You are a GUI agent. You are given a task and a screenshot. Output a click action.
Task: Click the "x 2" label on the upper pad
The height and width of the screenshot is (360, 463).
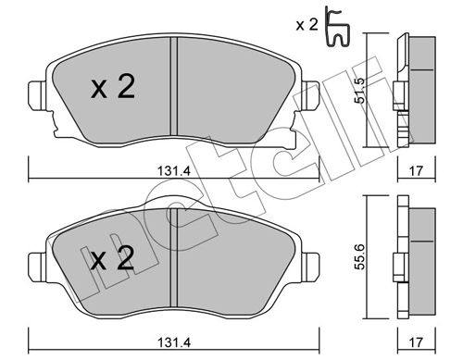pyautogui.click(x=113, y=88)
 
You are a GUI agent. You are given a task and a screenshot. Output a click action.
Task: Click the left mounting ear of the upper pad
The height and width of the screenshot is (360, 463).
pyautogui.click(x=38, y=94)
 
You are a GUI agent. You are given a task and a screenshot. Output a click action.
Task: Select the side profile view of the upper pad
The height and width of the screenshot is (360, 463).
pyautogui.click(x=412, y=91)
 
